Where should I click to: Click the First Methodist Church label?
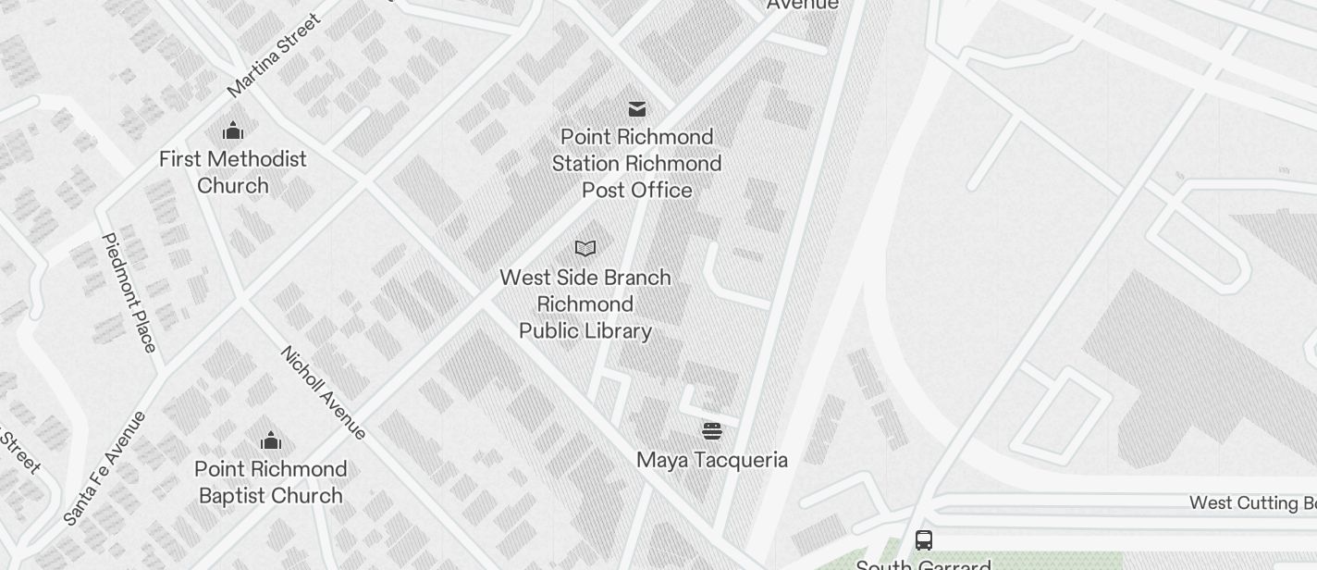point(233,172)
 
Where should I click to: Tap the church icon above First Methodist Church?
point(233,130)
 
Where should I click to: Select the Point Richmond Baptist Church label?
point(271,482)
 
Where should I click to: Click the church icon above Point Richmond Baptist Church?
point(271,440)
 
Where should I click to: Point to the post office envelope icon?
point(637,109)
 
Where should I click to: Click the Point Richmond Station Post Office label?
point(637,164)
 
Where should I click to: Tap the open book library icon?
point(585,248)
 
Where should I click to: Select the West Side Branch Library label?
point(585,304)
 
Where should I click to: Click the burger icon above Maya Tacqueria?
point(711,430)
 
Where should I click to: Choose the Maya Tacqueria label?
point(712,460)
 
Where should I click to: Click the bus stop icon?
point(923,539)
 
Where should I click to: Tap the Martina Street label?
point(274,56)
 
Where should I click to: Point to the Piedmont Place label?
point(129,292)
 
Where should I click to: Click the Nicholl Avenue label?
point(323,392)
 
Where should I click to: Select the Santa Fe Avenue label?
point(105,468)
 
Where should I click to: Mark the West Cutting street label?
point(1252,503)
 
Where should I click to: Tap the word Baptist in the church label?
point(237,496)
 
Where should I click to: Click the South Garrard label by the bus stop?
point(923,564)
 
